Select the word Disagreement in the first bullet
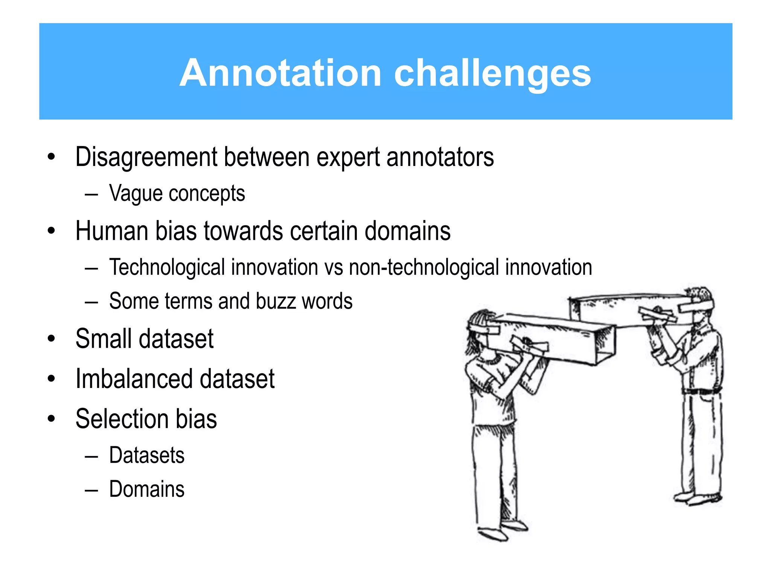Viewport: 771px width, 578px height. pyautogui.click(x=146, y=157)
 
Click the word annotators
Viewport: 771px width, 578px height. pyautogui.click(x=440, y=157)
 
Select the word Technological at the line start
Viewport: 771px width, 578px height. pyautogui.click(x=167, y=268)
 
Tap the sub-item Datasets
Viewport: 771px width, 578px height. pyautogui.click(x=147, y=455)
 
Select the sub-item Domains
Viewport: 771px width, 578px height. pyautogui.click(x=147, y=489)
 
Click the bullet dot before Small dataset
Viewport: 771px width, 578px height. pyautogui.click(x=52, y=339)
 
